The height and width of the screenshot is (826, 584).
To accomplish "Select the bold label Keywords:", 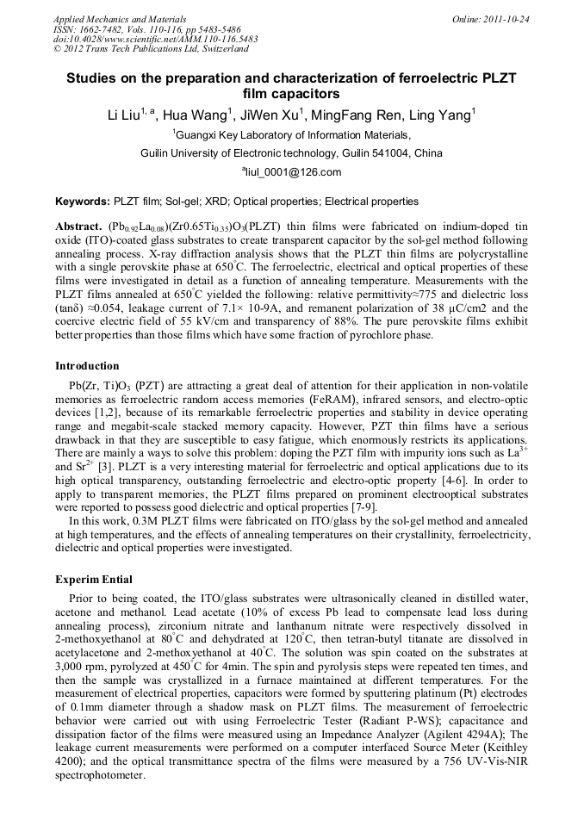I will [84, 202].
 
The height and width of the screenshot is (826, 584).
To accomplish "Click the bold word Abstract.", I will [78, 226].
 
